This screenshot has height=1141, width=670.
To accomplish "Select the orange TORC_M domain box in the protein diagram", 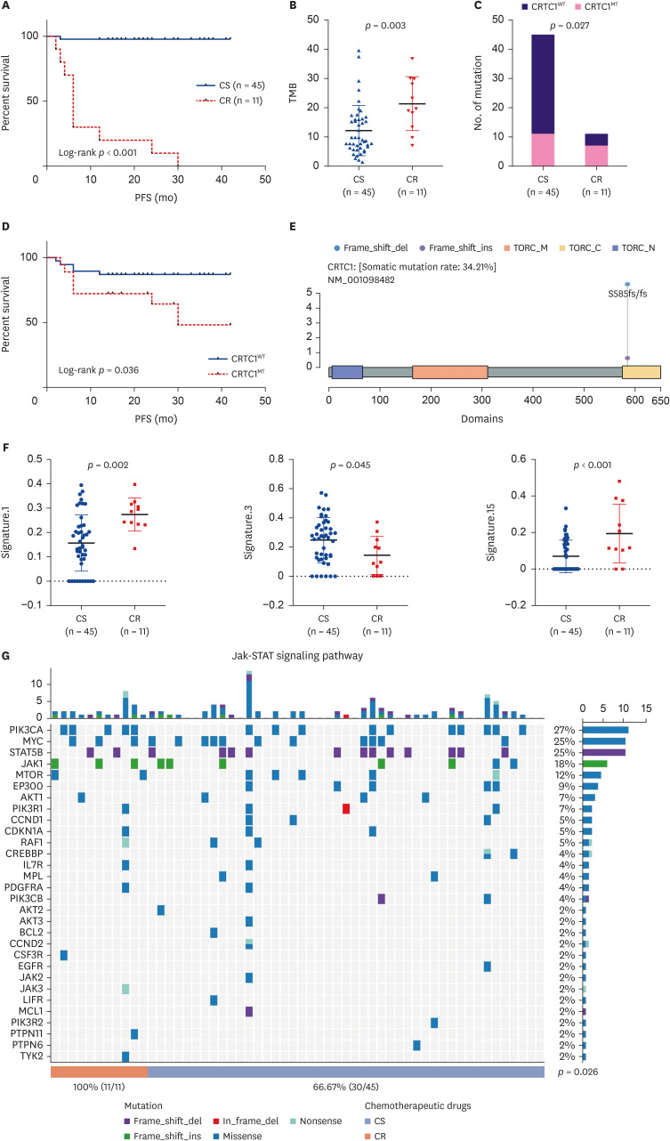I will [x=449, y=373].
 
